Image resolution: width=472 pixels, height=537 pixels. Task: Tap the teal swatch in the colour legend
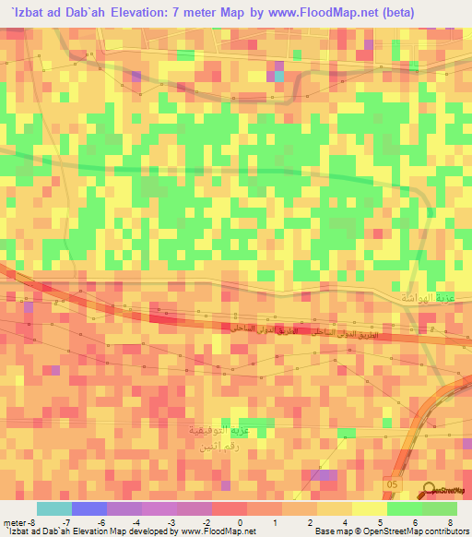(54, 508)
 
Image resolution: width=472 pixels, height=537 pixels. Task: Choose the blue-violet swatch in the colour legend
(89, 508)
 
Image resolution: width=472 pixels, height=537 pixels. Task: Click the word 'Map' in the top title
(248, 13)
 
